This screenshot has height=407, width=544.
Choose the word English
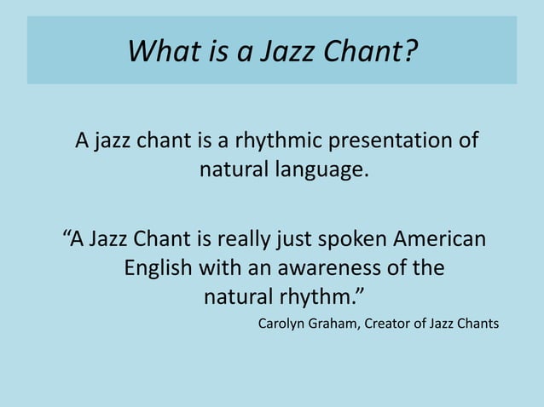[159, 268]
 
